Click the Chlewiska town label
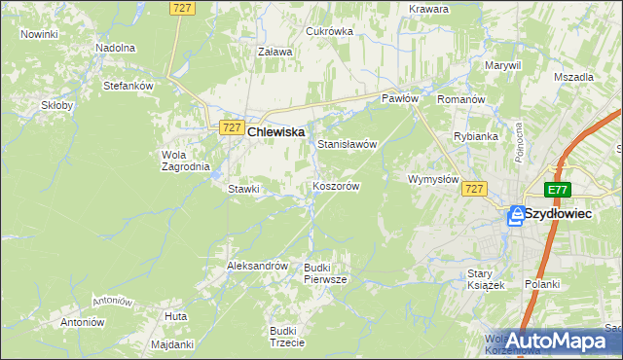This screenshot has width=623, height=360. pyautogui.click(x=276, y=131)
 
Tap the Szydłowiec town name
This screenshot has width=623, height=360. pyautogui.click(x=566, y=213)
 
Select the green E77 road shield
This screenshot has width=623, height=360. pyautogui.click(x=557, y=191)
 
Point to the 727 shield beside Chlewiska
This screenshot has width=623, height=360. pyautogui.click(x=231, y=127)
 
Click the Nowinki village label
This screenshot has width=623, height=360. pyautogui.click(x=39, y=34)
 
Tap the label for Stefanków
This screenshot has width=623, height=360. pyautogui.click(x=129, y=86)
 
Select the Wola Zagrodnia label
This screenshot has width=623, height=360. pyautogui.click(x=185, y=160)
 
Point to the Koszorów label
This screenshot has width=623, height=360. pyautogui.click(x=337, y=186)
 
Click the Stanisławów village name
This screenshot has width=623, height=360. pyautogui.click(x=348, y=144)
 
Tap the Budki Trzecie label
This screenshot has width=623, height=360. pyautogui.click(x=288, y=336)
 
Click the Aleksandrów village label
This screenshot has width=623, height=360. pyautogui.click(x=257, y=265)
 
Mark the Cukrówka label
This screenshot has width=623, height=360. pyautogui.click(x=329, y=31)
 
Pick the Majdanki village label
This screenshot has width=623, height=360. pyautogui.click(x=173, y=344)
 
